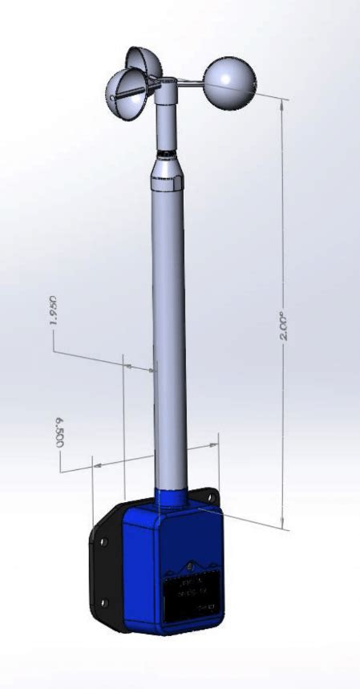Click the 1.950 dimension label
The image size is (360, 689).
coord(54,311)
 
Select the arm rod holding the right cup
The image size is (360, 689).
coord(188,84)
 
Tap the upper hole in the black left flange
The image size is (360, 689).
coord(103,543)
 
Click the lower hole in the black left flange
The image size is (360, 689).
coord(103,602)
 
